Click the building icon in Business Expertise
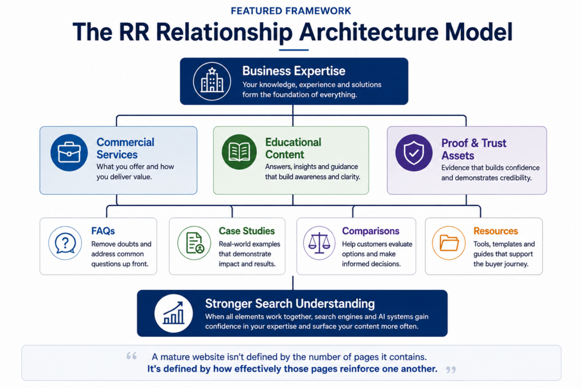tap(212, 81)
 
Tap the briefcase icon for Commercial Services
tap(69, 152)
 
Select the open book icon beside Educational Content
tap(239, 152)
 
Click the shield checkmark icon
tap(414, 152)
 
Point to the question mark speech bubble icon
tap(65, 243)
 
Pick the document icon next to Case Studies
tap(194, 243)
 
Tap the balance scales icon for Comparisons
tap(319, 243)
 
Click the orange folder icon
tap(449, 243)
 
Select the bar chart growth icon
tap(173, 314)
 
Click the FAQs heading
tap(103, 231)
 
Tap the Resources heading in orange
tap(496, 231)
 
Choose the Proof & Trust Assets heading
tap(473, 149)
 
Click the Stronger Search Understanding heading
tap(290, 303)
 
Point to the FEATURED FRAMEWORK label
tap(291, 11)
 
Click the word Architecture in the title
tap(369, 32)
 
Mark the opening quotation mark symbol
tap(131, 356)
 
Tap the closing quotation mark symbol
tap(451, 370)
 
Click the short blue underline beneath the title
tap(294, 49)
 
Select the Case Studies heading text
tap(247, 231)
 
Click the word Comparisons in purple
tap(371, 231)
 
